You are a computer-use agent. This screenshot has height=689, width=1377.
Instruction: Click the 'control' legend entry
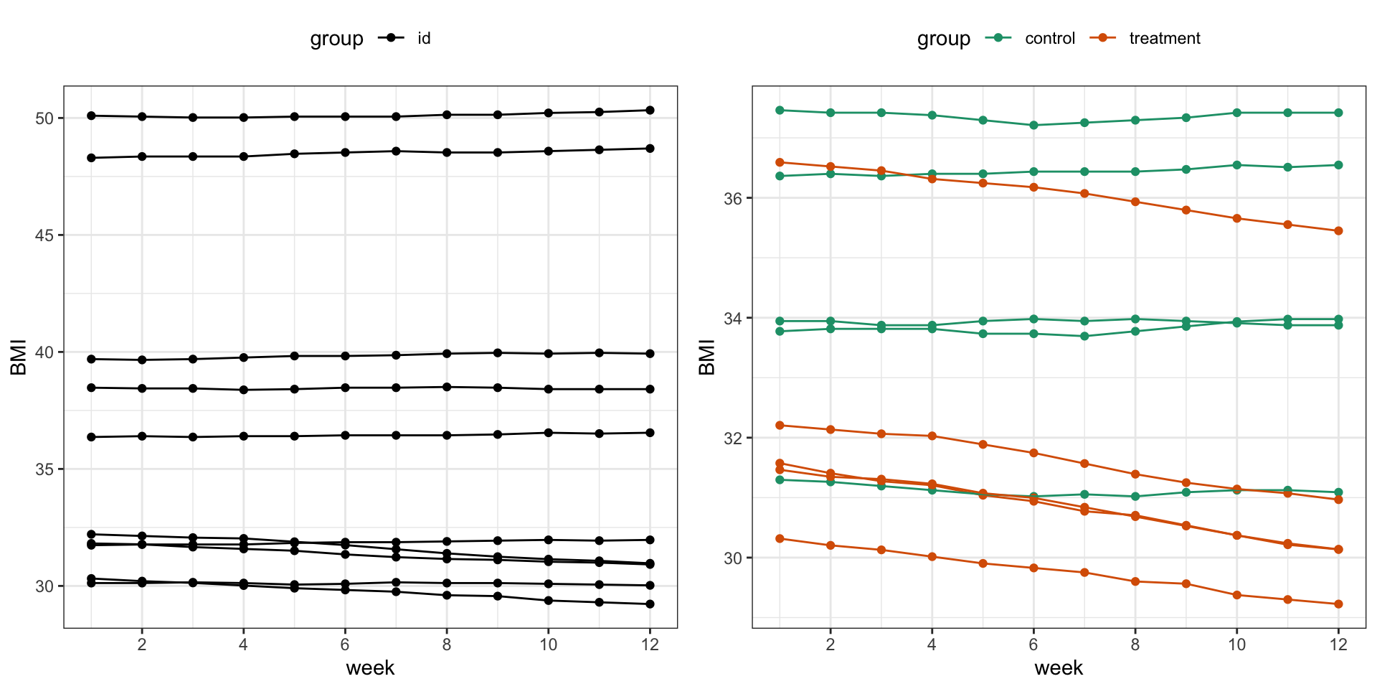[1049, 39]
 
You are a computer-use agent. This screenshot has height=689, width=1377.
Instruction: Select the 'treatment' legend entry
[1164, 39]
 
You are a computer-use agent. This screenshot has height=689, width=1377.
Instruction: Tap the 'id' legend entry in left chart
[424, 39]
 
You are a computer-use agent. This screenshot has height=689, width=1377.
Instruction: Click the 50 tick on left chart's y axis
[44, 118]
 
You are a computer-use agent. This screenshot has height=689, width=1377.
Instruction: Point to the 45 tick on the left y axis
[44, 235]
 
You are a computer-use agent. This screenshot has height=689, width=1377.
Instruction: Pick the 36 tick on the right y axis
[733, 199]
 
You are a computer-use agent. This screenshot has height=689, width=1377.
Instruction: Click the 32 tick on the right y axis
[733, 439]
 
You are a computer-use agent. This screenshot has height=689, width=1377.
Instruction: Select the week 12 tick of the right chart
[1338, 645]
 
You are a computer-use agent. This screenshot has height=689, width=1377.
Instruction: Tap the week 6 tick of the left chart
[345, 645]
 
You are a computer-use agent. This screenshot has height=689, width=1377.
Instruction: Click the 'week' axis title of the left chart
[370, 668]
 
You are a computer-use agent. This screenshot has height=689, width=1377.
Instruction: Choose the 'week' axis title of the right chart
[1059, 668]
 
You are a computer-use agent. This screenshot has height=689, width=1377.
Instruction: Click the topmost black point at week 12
[650, 111]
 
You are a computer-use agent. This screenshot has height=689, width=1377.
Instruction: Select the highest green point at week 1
[780, 111]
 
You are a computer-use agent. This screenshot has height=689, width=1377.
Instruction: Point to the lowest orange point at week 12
[1338, 604]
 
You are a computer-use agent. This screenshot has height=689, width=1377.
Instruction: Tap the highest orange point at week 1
[780, 163]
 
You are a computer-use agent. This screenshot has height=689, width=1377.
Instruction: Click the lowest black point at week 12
[650, 604]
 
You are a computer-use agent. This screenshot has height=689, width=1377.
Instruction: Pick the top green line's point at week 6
[1033, 126]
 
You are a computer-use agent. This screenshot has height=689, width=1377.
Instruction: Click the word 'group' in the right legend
[943, 39]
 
